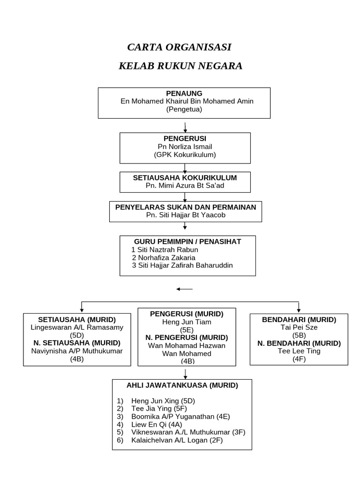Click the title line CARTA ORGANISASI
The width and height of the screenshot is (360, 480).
point(180,47)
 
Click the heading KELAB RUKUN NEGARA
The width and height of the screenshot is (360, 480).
point(180,66)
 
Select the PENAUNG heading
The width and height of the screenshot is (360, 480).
point(184,93)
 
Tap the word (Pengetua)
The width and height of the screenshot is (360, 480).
point(184,110)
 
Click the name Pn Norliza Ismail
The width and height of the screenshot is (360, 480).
point(185,146)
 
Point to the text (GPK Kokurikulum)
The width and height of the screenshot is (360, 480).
point(185,154)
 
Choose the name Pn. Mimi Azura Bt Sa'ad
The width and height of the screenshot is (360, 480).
point(185,186)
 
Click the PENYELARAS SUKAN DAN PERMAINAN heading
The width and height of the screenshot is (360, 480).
point(186,207)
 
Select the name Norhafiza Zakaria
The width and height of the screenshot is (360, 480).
point(164,257)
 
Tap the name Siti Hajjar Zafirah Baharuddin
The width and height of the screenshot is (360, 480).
point(182,265)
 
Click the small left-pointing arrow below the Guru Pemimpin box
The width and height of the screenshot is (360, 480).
point(184,289)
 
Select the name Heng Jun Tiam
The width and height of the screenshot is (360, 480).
point(187,322)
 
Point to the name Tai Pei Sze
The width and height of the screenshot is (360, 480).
point(299,327)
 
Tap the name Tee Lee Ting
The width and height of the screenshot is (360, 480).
point(299,351)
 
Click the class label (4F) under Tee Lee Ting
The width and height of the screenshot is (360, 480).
point(299,359)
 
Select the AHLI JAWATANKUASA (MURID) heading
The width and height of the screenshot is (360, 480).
point(182,385)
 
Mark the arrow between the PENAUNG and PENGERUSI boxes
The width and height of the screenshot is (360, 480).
point(186,127)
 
